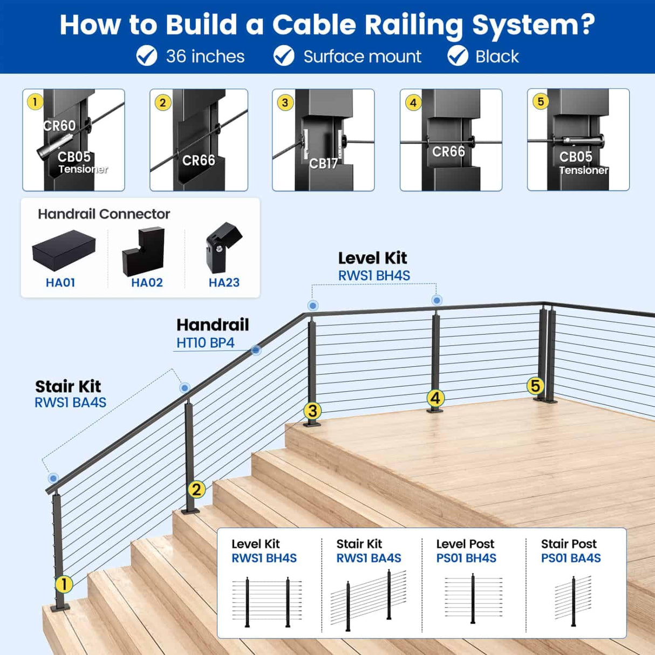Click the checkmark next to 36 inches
pos(146,56)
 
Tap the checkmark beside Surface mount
pos(284,56)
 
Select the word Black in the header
pos(496,56)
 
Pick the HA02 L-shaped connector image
pos(144,251)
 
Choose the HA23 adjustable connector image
pos(223,248)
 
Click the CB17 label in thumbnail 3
pos(323,163)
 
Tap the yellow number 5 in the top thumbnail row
pos(541,101)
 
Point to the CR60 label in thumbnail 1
pos(59,126)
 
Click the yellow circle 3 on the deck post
pos(312,411)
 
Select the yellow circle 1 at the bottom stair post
pos(64,584)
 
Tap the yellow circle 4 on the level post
pos(435,398)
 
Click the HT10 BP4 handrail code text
pos(205,343)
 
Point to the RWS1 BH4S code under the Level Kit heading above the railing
pos(374,275)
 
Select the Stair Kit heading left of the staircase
pos(68,386)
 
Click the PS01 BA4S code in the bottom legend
pos(570,558)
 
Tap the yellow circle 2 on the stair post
pos(196,489)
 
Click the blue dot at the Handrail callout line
pos(256,350)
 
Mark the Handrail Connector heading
pos(104,214)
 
